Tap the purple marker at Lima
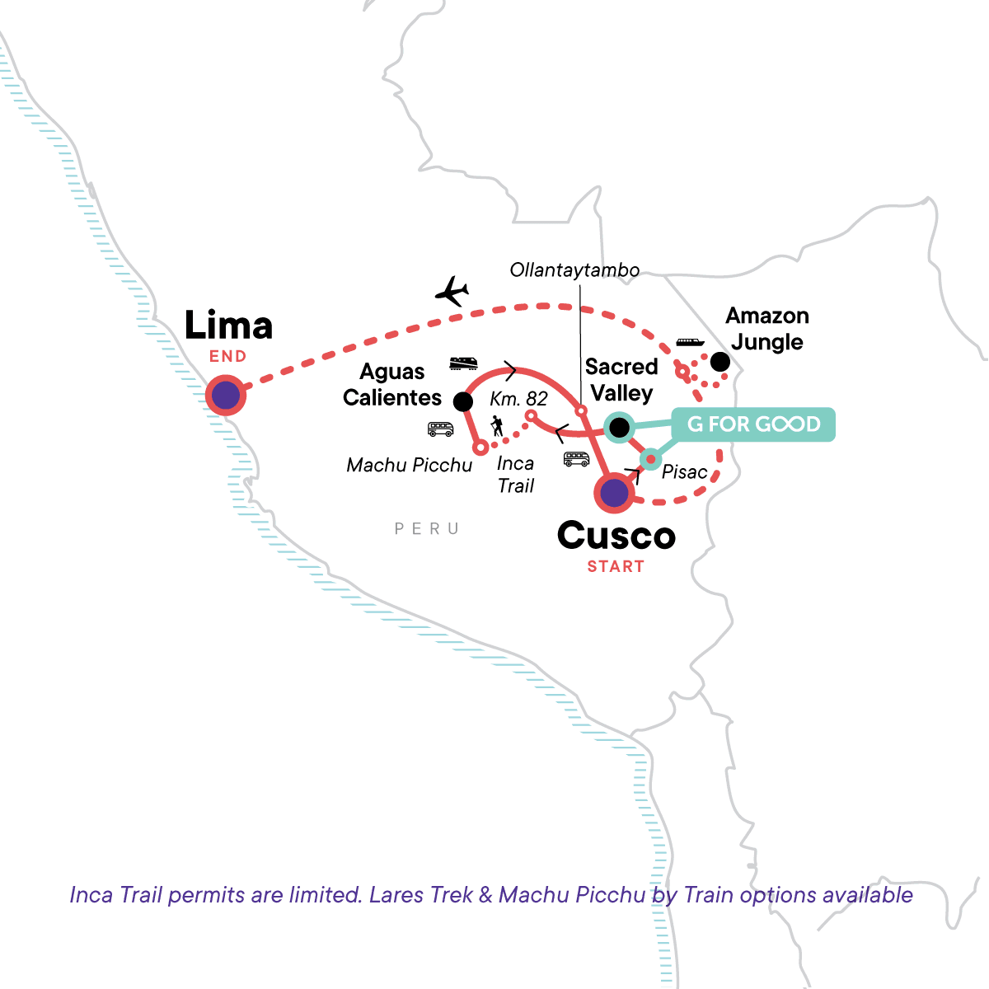[226, 396]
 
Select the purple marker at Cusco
[614, 493]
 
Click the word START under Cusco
[616, 566]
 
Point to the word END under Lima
[227, 356]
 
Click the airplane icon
[452, 291]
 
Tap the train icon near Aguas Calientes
[463, 363]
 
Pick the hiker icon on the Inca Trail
[497, 426]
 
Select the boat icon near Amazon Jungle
[691, 341]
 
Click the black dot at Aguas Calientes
[463, 401]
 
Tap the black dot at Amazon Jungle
[719, 362]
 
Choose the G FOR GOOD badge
[753, 424]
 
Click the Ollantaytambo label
[574, 270]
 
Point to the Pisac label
[684, 471]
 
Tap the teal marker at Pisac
[651, 459]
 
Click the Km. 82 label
[518, 399]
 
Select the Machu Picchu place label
[410, 465]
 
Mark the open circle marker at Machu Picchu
[480, 448]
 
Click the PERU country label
[427, 528]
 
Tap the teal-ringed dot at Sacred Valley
[618, 427]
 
